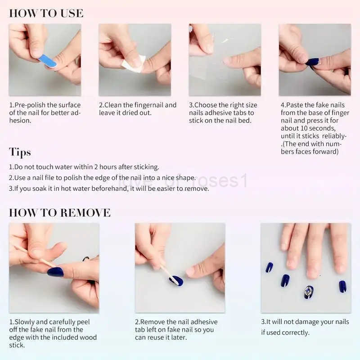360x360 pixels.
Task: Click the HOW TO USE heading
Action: click(46, 13)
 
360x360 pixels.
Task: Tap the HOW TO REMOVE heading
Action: click(60, 212)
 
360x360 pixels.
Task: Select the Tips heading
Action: click(20, 152)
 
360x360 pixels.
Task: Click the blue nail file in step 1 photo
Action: click(47, 61)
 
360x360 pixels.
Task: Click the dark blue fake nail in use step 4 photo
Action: click(312, 62)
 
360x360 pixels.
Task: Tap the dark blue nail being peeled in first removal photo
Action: click(55, 271)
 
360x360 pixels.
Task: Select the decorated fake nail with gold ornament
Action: click(309, 292)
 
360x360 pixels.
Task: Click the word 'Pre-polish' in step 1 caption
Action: click(30, 105)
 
